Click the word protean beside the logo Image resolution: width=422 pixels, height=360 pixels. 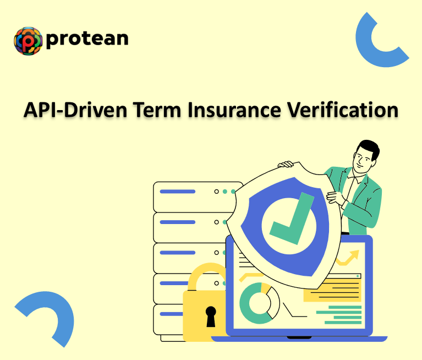[x=87, y=39]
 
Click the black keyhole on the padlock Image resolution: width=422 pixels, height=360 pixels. [x=211, y=316]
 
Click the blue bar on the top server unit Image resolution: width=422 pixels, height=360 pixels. [x=177, y=192]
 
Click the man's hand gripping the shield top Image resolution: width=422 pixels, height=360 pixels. [x=286, y=164]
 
